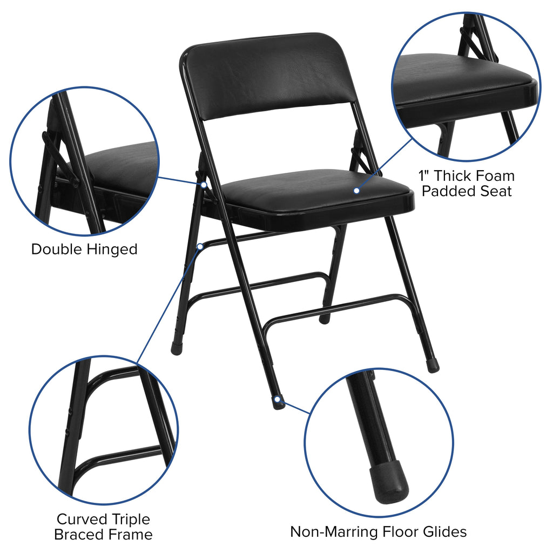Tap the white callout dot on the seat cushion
[x=356, y=191]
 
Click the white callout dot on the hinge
[x=204, y=185]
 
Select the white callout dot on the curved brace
[x=200, y=247]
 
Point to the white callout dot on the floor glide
[x=278, y=400]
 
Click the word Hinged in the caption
[x=112, y=249]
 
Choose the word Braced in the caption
[x=79, y=535]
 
